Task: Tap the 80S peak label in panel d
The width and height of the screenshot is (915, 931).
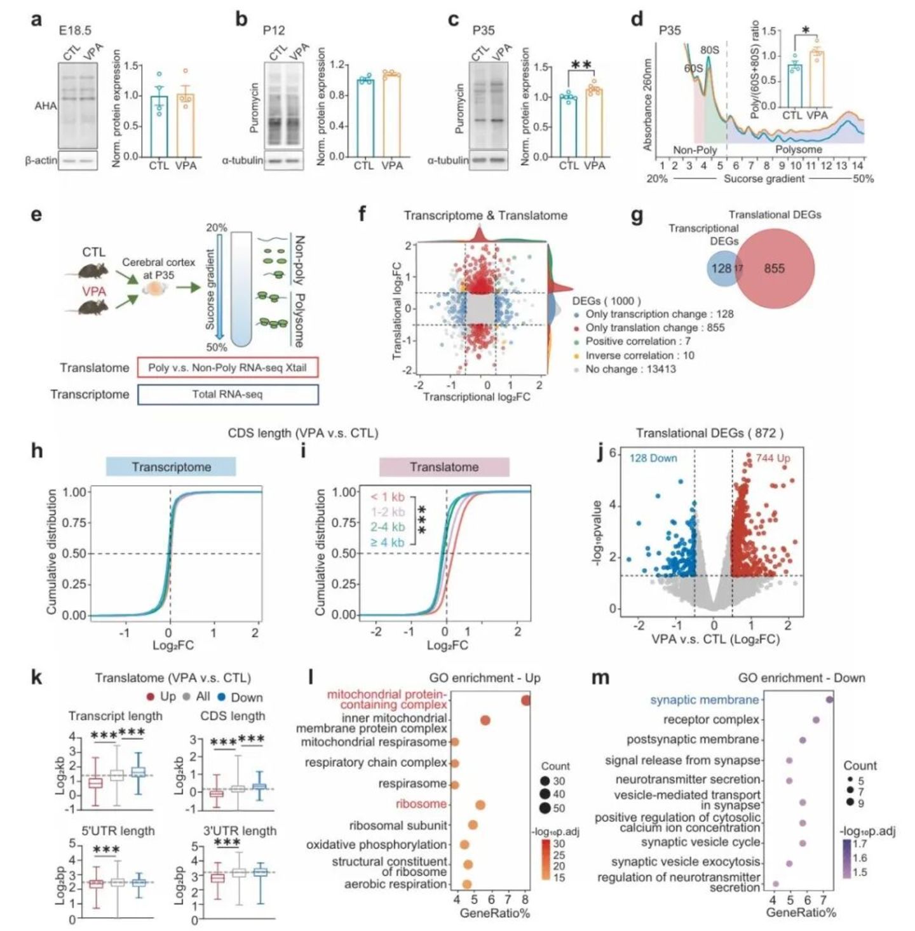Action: pyautogui.click(x=710, y=50)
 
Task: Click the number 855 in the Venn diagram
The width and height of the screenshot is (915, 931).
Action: pyautogui.click(x=774, y=268)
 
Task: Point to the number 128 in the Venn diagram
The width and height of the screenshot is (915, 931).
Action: pyautogui.click(x=721, y=268)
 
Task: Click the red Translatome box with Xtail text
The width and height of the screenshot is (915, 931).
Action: pyautogui.click(x=227, y=367)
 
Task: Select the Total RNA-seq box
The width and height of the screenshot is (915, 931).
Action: pyautogui.click(x=227, y=394)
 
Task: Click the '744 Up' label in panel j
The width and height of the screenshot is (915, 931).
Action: pyautogui.click(x=773, y=458)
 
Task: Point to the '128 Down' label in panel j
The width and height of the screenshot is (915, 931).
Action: pyautogui.click(x=653, y=458)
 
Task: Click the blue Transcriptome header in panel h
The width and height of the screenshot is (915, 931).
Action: pyautogui.click(x=171, y=467)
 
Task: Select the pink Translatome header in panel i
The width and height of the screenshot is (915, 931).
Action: pyautogui.click(x=444, y=467)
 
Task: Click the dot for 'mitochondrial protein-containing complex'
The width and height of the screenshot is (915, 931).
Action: pyautogui.click(x=525, y=700)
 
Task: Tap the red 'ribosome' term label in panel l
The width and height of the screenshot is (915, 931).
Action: pyautogui.click(x=421, y=804)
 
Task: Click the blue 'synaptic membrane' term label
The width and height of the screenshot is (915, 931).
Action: pyautogui.click(x=704, y=700)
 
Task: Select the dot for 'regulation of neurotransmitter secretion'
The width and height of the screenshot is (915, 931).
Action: pyautogui.click(x=775, y=884)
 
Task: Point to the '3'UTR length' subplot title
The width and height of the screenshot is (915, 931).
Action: pyautogui.click(x=234, y=831)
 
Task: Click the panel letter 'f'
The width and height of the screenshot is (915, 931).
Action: pyautogui.click(x=362, y=214)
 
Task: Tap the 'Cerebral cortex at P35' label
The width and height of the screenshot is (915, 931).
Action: pyautogui.click(x=158, y=268)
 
